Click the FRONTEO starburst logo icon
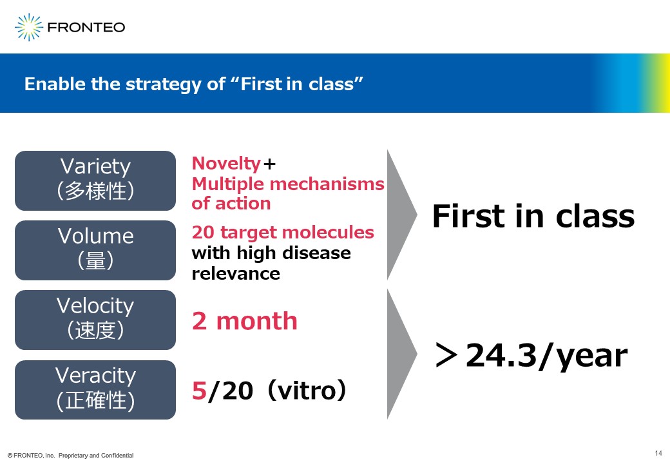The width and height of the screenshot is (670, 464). [x=28, y=27]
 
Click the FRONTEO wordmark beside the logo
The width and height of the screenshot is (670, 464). [x=86, y=27]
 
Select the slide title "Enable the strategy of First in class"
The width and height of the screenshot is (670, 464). [x=193, y=84]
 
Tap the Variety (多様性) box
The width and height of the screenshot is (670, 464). [x=95, y=180]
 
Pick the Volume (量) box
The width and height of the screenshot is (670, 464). [x=95, y=251]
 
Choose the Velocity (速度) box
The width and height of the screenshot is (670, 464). [x=95, y=320]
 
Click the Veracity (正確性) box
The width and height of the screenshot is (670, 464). [x=95, y=390]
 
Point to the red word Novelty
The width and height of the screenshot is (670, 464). [x=226, y=164]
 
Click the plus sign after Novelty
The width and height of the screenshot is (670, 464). [x=269, y=164]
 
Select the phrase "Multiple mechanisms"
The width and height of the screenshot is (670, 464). [x=288, y=184]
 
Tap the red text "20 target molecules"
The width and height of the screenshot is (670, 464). [x=283, y=233]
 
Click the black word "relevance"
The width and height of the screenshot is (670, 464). [x=236, y=273]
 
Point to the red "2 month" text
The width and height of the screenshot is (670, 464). [x=244, y=321]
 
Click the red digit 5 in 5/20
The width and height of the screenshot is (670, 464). [x=199, y=391]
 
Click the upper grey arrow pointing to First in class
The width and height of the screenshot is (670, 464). [x=401, y=215]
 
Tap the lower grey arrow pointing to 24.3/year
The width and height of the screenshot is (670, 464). [x=401, y=354]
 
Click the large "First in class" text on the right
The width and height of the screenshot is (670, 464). [x=533, y=216]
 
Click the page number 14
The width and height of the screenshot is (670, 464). [x=658, y=453]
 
